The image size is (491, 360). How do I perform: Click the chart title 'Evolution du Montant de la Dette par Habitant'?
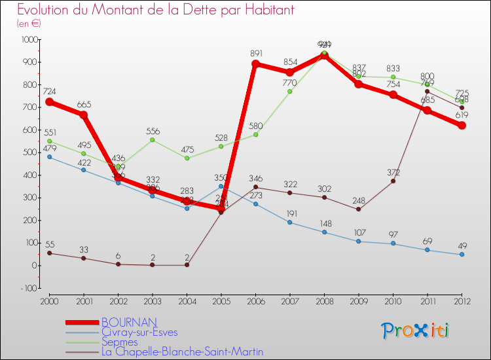pos(155,10)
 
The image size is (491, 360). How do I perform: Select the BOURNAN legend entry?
pos(128,322)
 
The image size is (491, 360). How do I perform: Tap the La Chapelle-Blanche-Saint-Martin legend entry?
pos(182,351)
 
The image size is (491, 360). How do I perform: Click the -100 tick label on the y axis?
pos(27,288)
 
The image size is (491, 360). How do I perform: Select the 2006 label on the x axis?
pos(256,300)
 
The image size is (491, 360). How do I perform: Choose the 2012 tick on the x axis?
pos(462,300)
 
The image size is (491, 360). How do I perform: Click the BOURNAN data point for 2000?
pos(49,102)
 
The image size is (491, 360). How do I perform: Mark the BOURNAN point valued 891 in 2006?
pos(255,64)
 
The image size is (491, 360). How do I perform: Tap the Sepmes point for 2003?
pos(153,139)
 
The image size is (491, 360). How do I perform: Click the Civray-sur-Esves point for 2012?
pos(462,255)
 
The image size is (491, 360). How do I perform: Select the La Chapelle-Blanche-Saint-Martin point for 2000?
pos(49,253)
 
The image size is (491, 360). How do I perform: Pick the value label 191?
pos(290,213)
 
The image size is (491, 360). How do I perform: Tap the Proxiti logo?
pos(416,331)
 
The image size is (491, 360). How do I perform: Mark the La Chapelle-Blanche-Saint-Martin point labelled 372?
pos(393,181)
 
